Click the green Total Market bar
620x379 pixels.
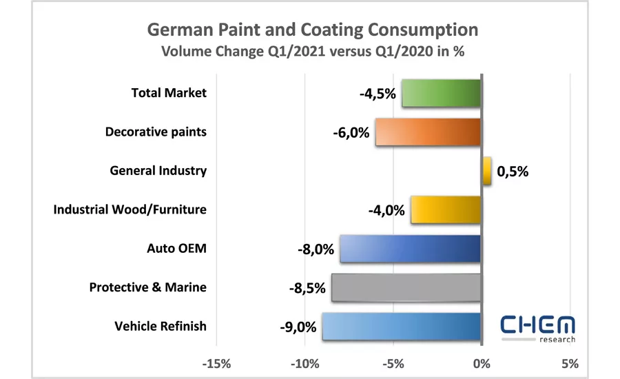click(441, 93)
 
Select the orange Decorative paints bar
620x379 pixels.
click(428, 132)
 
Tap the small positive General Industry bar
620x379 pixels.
click(486, 171)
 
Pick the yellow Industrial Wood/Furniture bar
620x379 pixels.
click(445, 209)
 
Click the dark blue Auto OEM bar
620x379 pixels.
click(410, 249)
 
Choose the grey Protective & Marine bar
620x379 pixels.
click(406, 287)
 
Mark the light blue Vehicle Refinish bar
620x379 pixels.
click(401, 326)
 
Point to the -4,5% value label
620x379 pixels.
click(378, 94)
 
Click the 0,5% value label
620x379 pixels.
click(512, 172)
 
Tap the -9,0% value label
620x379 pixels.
click(298, 326)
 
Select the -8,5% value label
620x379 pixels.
click(307, 287)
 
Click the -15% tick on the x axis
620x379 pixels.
click(216, 362)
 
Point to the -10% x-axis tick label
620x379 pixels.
click(304, 362)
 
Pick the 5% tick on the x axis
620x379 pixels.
click(569, 362)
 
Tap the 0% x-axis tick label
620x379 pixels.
click(481, 362)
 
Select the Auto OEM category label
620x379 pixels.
click(176, 248)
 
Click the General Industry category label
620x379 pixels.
click(158, 170)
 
